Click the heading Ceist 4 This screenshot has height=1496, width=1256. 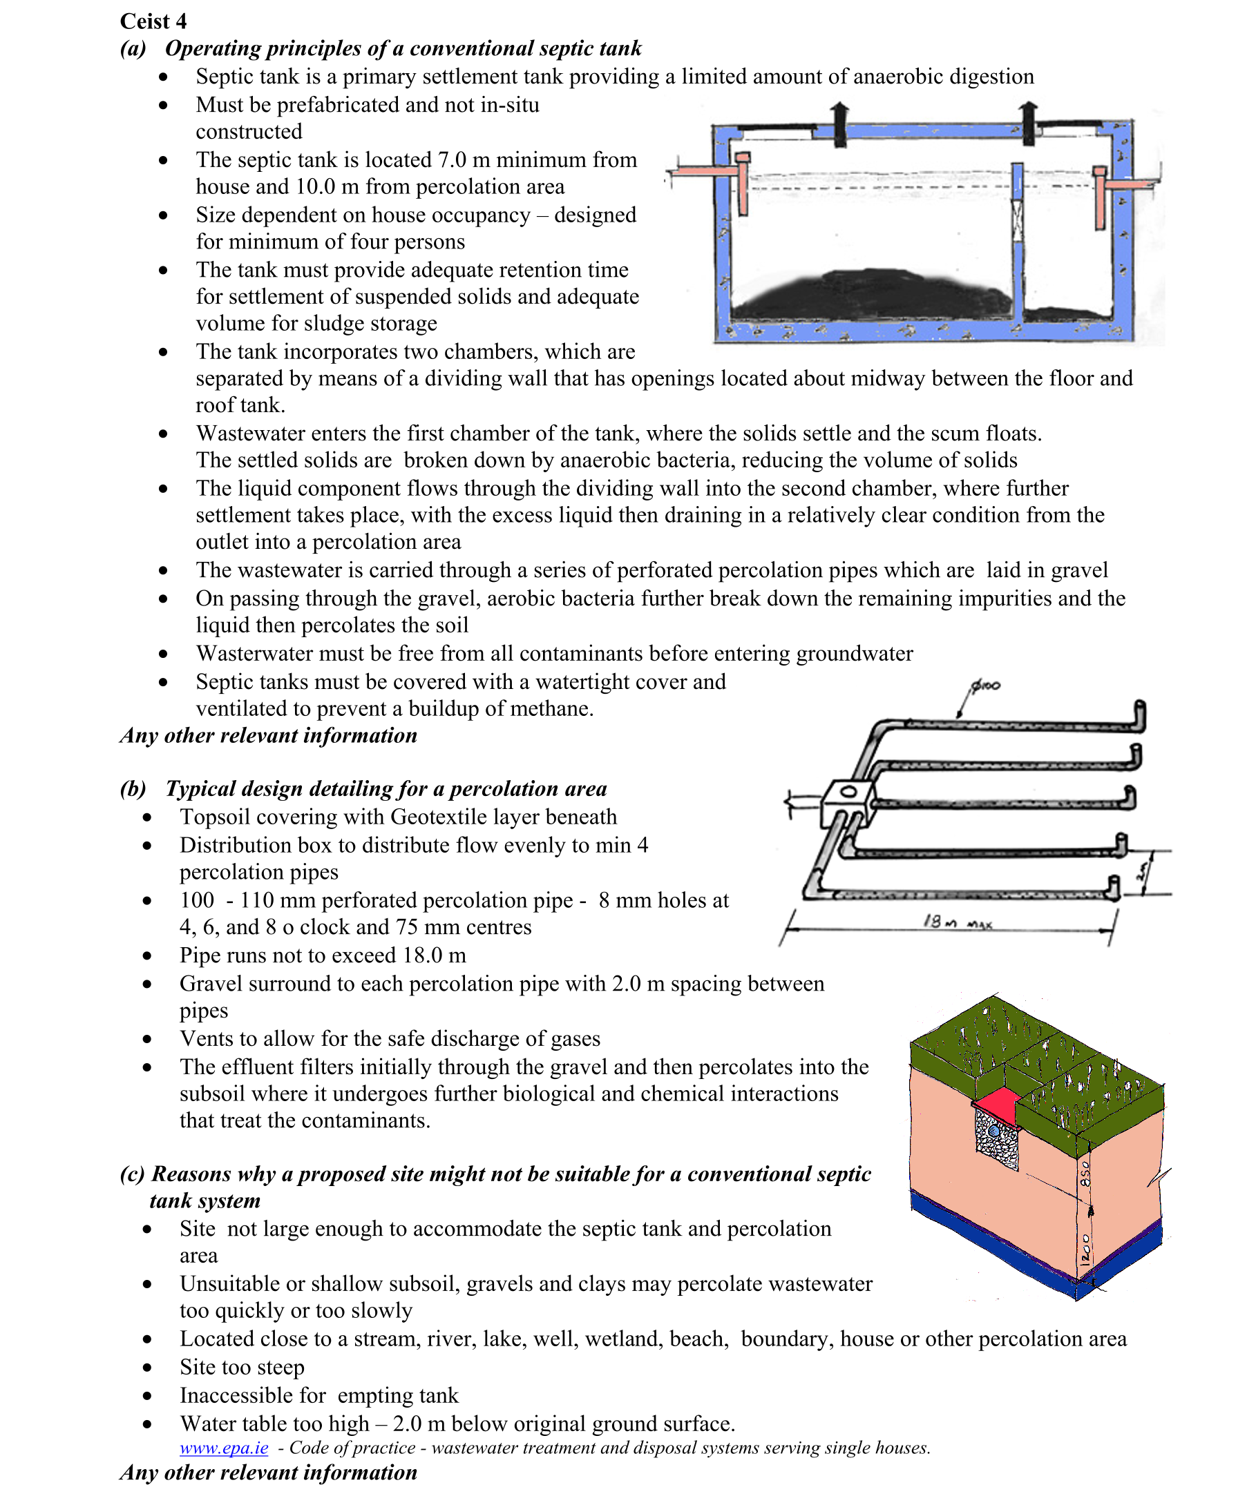[153, 21]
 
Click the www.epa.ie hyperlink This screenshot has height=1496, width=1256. [224, 1448]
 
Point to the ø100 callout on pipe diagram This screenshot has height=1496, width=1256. [986, 686]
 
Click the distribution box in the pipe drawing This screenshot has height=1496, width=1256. [848, 802]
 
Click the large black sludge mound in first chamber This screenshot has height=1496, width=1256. [870, 293]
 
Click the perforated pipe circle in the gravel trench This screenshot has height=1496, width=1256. [994, 1131]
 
